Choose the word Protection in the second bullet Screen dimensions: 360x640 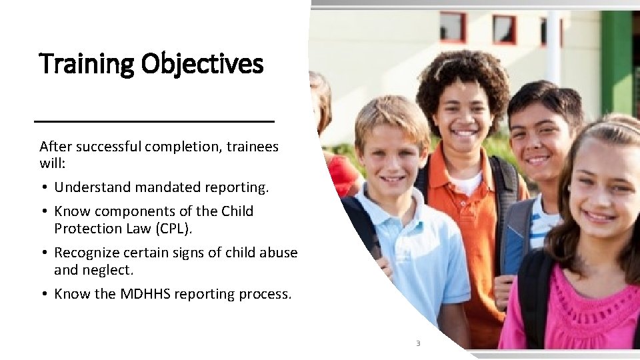point(86,228)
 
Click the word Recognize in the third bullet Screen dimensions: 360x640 point(86,253)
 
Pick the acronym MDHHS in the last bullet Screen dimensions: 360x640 point(145,293)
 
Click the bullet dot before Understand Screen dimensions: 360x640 point(43,188)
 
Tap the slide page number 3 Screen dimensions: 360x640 point(418,343)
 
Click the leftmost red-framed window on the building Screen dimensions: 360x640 point(453,27)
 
